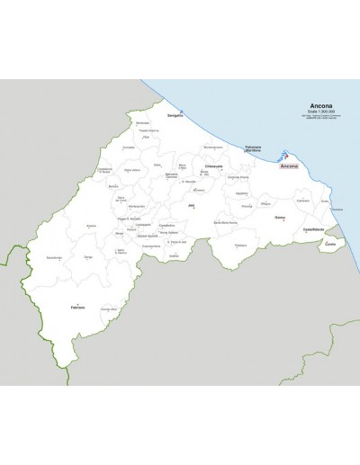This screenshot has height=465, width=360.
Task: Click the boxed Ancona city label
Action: point(290,167)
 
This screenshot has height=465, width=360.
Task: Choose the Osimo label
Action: point(280,217)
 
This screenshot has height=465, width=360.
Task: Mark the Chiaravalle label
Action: point(214,166)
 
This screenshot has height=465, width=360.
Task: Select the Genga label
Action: point(89,258)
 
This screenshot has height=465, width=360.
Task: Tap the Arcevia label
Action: point(91,225)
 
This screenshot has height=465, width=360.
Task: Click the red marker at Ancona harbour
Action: point(286,153)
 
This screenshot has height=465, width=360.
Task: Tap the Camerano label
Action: point(303,200)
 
